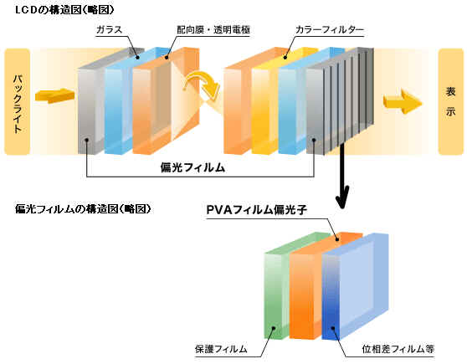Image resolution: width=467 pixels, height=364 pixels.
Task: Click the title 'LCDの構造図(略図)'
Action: pos(64,10)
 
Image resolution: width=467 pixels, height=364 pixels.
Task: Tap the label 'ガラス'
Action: pos(110,29)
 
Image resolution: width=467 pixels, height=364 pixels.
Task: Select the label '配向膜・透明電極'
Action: pos(213,29)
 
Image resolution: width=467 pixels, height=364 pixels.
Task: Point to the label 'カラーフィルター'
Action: pos(330,29)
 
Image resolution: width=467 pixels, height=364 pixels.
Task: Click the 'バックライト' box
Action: pos(18,101)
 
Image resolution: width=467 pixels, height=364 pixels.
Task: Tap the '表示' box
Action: pos(450,101)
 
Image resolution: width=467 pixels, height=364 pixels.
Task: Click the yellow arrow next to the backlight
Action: pos(54,96)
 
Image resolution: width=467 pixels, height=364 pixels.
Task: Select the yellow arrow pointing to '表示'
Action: pos(403,102)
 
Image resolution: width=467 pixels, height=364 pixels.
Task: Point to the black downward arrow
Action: pos(342,176)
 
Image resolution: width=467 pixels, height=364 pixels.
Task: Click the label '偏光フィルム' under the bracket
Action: pos(192,167)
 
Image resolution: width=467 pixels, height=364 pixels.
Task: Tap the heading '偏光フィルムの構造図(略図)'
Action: pos(83,209)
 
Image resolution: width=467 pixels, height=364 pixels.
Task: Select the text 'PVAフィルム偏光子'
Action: pos(256,210)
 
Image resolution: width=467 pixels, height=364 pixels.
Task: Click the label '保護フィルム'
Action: pos(221,349)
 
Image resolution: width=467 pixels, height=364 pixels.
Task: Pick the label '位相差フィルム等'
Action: pos(398,349)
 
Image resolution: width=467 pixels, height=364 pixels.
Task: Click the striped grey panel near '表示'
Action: pos(341,101)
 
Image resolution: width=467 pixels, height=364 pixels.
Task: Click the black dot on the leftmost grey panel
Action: pos(87,141)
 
